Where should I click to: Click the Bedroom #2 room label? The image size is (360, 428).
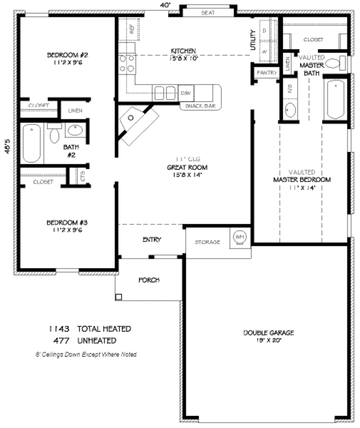coord(68,56)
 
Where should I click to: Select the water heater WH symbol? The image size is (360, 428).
coord(239,237)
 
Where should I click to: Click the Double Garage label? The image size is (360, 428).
coord(268,333)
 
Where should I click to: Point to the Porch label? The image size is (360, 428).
coord(148,280)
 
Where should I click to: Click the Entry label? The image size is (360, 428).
coord(151,240)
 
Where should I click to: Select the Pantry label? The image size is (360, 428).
coord(266,73)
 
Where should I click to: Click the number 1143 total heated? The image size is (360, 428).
coord(59,329)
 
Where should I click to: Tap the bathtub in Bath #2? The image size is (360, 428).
coord(32,143)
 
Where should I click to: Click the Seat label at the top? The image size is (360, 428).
coord(208,12)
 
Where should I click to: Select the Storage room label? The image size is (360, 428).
coord(208,242)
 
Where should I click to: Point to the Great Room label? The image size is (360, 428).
coord(183,168)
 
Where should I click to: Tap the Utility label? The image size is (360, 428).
coord(253,40)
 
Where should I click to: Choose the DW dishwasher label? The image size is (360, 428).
coord(186,94)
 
